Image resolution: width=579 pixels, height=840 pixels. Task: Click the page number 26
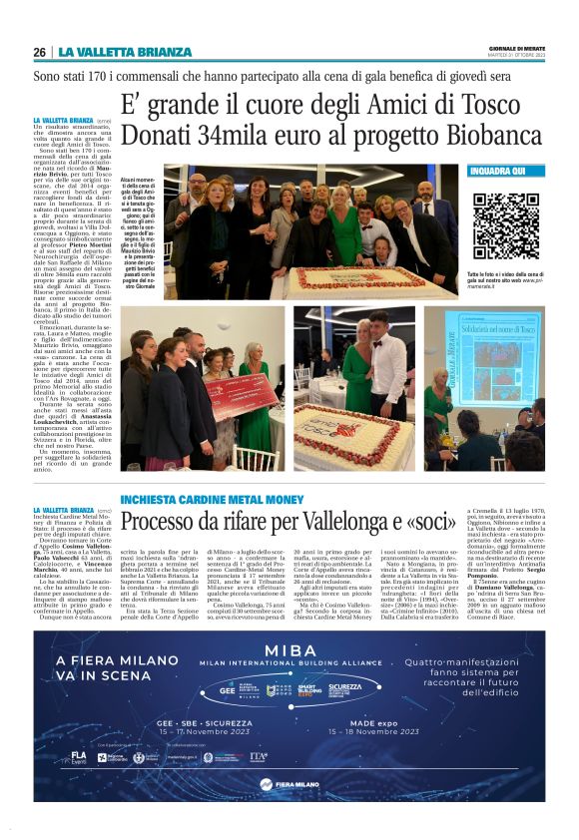coord(40,52)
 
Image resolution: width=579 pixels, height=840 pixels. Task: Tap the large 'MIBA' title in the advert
coord(289,652)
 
